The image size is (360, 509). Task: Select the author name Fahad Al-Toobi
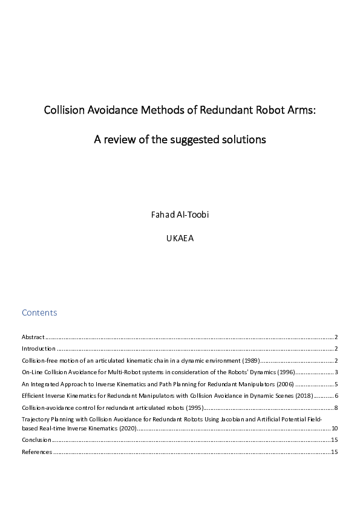tap(180, 215)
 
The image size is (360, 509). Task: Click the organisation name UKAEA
tap(180, 238)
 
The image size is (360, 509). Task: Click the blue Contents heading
tap(39, 313)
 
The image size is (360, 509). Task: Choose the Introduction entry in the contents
tap(39, 349)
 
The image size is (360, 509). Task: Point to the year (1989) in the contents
tap(250, 360)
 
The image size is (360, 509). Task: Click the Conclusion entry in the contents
tap(36, 440)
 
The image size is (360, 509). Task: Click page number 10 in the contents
tap(334, 428)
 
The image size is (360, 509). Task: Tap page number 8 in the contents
tap(336, 407)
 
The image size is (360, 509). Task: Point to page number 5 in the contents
tap(336, 384)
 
